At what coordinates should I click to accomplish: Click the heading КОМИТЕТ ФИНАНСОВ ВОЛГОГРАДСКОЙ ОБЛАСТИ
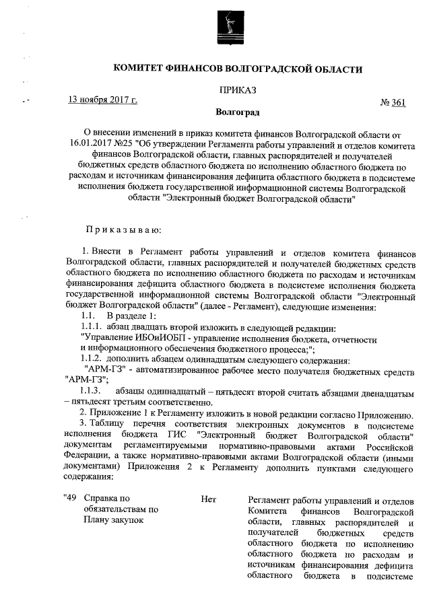[238, 69]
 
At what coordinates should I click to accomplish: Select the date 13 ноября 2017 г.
[103, 100]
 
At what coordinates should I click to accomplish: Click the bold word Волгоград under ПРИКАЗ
[238, 111]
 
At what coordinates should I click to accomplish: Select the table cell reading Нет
[208, 499]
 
